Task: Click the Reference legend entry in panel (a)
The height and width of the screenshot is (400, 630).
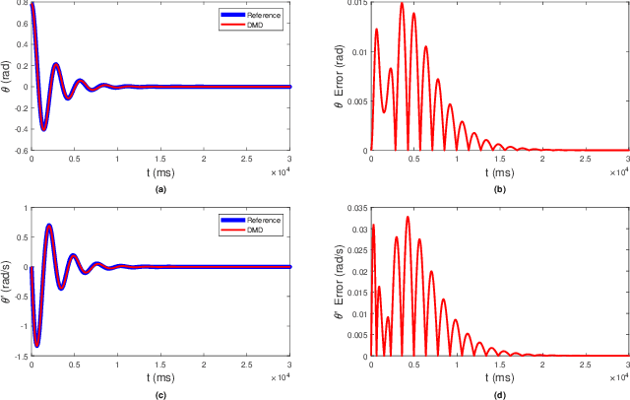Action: coord(257,15)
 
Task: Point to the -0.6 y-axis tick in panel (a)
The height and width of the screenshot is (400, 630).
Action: coord(19,151)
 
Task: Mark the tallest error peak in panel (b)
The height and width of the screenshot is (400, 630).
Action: coord(402,4)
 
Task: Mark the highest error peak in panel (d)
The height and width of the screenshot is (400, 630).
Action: coord(408,218)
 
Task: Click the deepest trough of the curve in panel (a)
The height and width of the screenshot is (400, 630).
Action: coord(43,129)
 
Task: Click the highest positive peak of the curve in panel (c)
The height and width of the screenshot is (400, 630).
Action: coord(49,226)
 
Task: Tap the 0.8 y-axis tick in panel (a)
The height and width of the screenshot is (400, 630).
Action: coord(21,4)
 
